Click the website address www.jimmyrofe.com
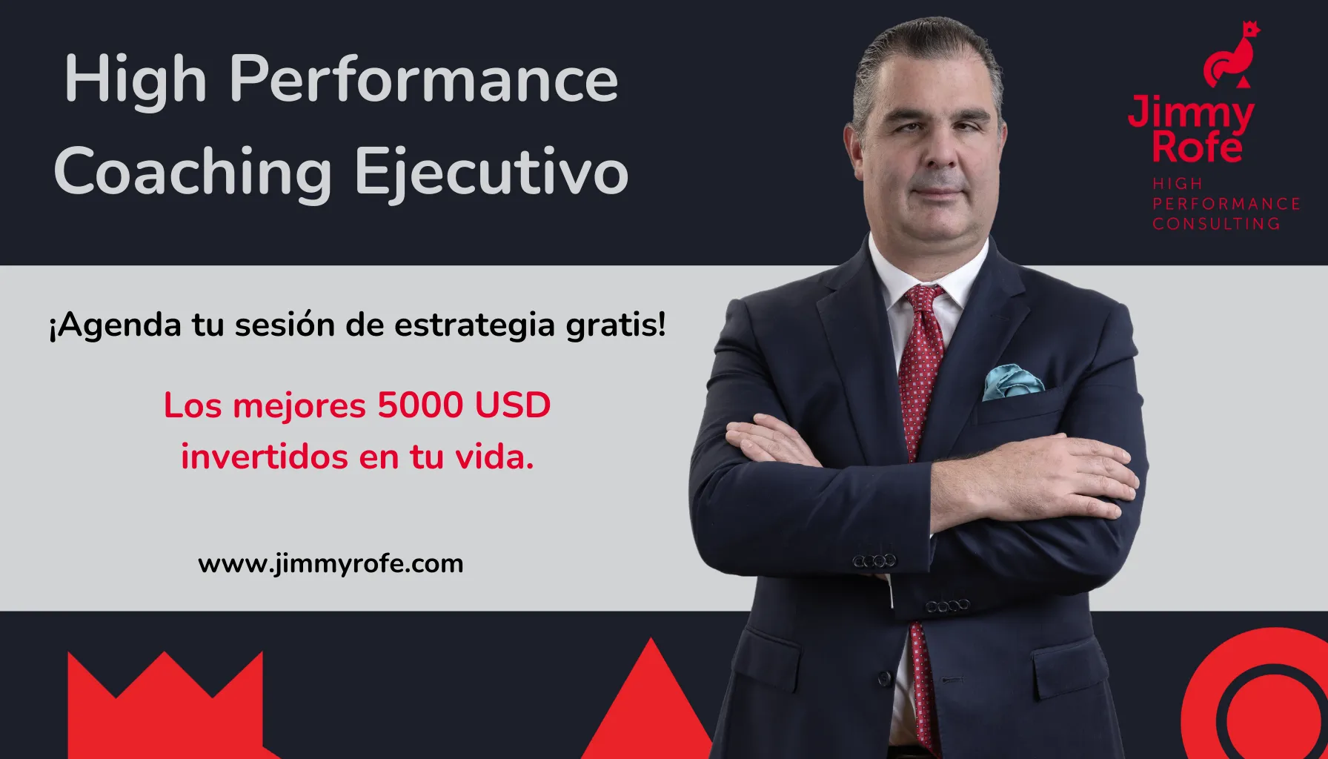pyautogui.click(x=331, y=564)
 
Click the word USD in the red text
pyautogui.click(x=513, y=405)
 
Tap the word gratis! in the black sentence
pyautogui.click(x=616, y=325)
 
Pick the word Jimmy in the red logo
pyautogui.click(x=1191, y=113)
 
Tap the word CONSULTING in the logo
pyautogui.click(x=1216, y=223)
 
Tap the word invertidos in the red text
pyautogui.click(x=265, y=457)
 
